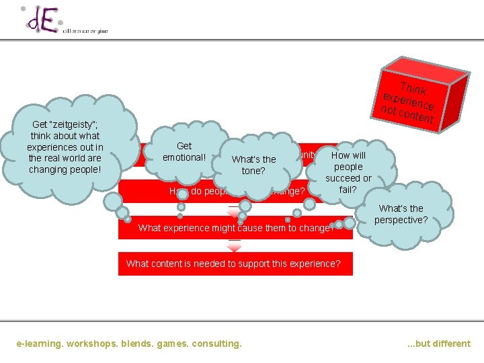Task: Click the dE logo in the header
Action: click(x=40, y=20)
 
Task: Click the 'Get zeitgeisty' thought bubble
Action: click(x=64, y=147)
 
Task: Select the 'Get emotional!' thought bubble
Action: click(x=184, y=152)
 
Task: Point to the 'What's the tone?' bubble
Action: click(x=253, y=165)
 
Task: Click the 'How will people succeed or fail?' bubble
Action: click(x=348, y=172)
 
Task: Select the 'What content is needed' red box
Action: click(x=234, y=264)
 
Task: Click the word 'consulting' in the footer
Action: click(x=216, y=344)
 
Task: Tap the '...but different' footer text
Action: click(x=439, y=344)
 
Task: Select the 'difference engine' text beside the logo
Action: click(x=85, y=31)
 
